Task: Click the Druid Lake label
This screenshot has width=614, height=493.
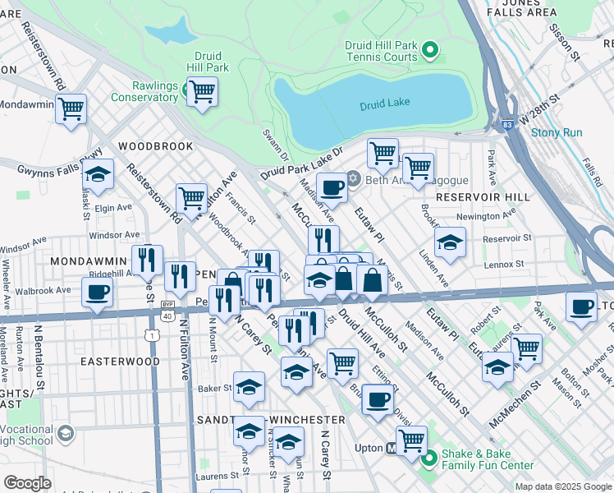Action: [384, 104]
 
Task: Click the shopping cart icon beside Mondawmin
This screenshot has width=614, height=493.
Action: [71, 108]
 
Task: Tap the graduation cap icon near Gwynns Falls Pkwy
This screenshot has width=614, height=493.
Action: [98, 176]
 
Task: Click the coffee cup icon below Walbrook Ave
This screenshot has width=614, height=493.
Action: [97, 292]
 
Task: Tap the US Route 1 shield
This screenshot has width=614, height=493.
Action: [151, 334]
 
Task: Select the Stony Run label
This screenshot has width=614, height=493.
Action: [556, 132]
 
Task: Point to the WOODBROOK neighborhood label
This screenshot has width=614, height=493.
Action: [155, 146]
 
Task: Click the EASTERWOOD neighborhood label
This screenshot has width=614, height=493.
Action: [120, 362]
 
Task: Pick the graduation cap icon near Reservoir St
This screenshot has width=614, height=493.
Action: [450, 243]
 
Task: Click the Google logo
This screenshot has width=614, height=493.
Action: [27, 483]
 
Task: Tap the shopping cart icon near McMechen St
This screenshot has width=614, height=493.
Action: [526, 348]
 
